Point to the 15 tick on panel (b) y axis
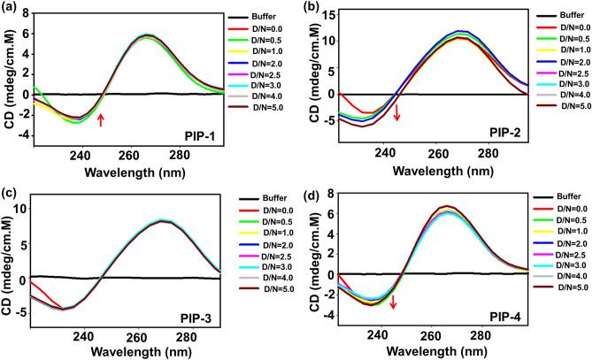click(x=331, y=14)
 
